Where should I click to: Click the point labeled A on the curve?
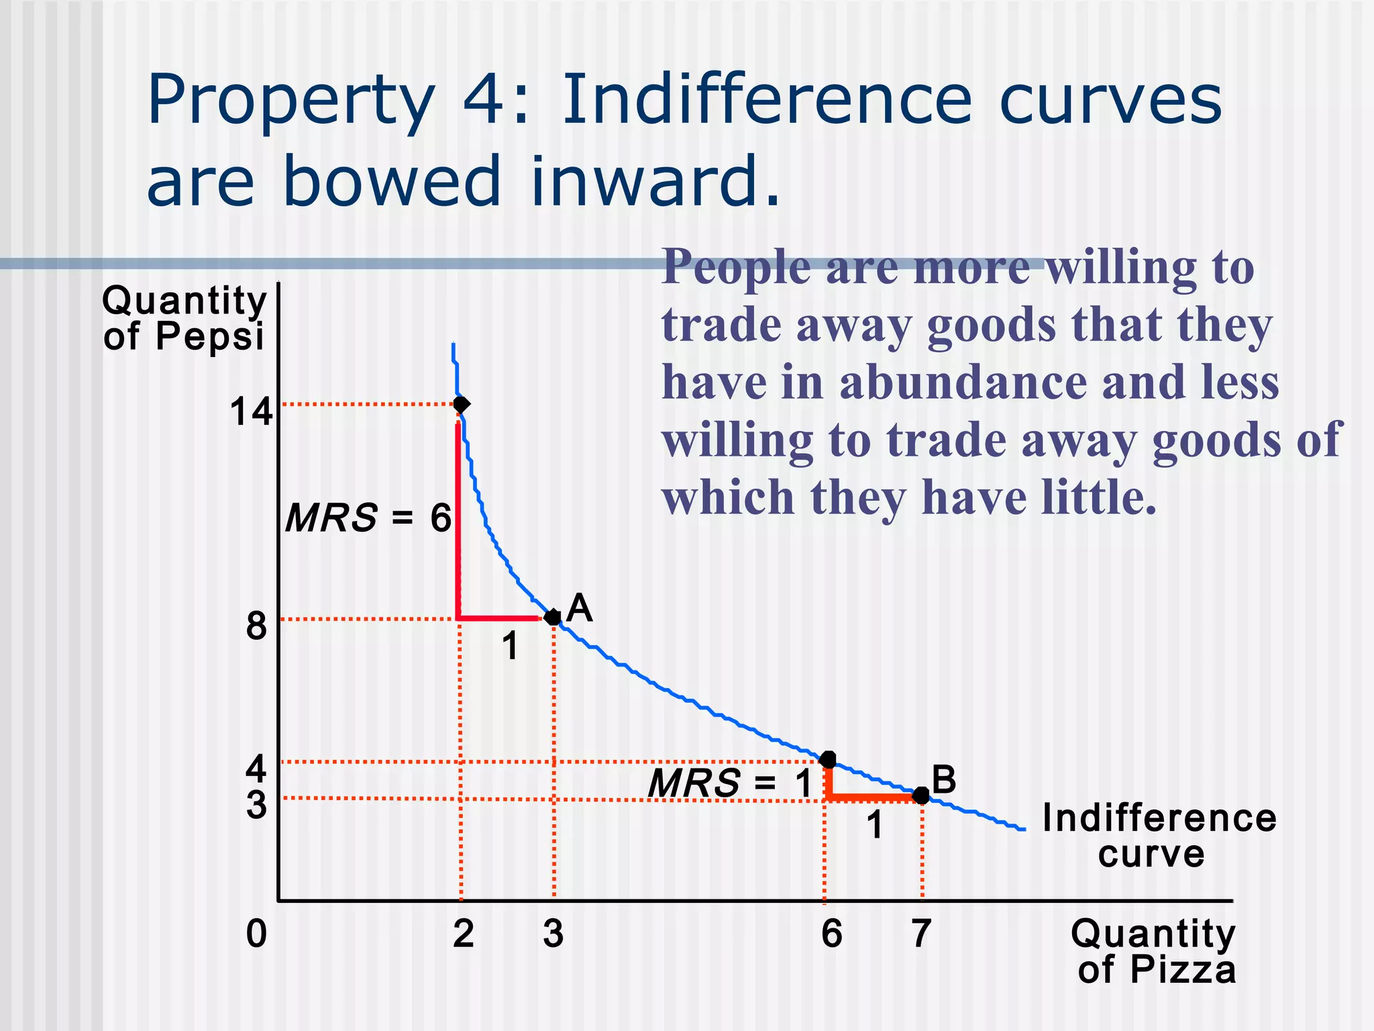pos(553,617)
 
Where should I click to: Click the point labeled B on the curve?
pos(921,795)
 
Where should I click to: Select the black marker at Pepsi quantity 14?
pos(461,404)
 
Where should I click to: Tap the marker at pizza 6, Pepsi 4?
pos(829,760)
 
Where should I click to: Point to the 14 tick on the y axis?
pos(251,411)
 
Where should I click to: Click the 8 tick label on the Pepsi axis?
pos(256,626)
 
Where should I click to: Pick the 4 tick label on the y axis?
pos(256,768)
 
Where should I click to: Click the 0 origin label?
pos(256,933)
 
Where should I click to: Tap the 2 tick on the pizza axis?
pos(463,933)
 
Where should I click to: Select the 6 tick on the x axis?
pos(831,933)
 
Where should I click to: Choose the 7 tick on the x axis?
pos(921,933)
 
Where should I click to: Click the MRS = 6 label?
pos(368,518)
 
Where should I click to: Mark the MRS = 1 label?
pos(730,783)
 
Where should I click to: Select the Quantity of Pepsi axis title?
pos(184,317)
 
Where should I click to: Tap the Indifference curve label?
pos(1159,836)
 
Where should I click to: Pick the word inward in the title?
pos(655,181)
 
